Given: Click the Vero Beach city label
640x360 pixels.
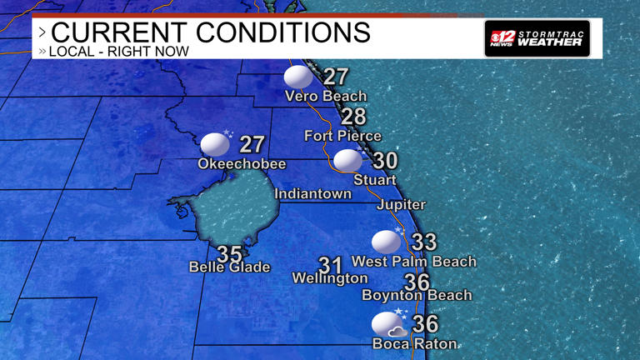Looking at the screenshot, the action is click(325, 96).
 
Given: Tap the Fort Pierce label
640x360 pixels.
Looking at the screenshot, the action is click(342, 136).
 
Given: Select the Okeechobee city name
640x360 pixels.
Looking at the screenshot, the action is click(242, 164).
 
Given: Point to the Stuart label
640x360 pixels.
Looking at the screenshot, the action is click(375, 180).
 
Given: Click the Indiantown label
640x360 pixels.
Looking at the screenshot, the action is click(313, 194).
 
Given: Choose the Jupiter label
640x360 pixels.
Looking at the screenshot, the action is click(401, 205).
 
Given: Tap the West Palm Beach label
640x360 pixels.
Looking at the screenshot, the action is click(414, 262).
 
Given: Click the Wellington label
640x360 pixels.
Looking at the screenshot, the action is click(330, 278).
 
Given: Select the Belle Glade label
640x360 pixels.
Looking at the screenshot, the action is click(230, 267).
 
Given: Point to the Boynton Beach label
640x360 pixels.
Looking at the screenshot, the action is click(417, 295).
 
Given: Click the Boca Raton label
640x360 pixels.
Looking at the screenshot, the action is click(415, 343).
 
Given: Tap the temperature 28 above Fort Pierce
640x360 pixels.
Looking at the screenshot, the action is click(353, 117).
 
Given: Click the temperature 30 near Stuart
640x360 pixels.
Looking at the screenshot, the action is click(385, 161).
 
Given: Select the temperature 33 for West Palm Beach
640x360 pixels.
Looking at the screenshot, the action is click(424, 242).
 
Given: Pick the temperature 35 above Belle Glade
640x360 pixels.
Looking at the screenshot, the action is click(229, 253).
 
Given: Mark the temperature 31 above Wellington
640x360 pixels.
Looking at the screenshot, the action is click(331, 265).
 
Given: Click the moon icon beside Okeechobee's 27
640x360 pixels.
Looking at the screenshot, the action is click(215, 143).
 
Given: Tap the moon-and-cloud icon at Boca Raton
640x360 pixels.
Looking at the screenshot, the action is click(387, 324).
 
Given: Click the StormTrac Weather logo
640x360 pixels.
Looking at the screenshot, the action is click(537, 38).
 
